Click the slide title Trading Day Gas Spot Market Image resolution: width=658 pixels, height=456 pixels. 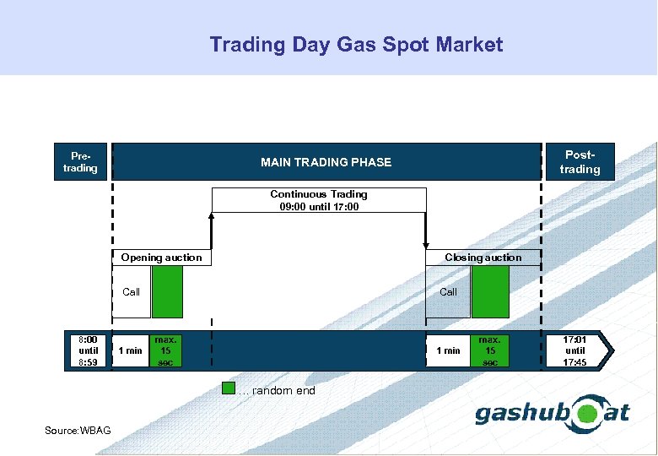pos(356,45)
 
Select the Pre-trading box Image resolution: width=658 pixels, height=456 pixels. pos(81,162)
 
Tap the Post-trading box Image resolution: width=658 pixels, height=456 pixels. pos(580,162)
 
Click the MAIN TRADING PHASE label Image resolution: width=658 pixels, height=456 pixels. pos(326,162)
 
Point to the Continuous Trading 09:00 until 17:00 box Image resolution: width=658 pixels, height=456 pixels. pos(319,200)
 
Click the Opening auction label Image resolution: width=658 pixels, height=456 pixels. pos(161,258)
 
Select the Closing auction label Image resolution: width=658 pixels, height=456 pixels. pos(483,258)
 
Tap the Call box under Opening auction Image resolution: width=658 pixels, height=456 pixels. pos(131,292)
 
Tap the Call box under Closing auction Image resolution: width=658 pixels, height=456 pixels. pos(448,292)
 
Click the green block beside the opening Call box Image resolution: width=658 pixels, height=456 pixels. pos(167,292)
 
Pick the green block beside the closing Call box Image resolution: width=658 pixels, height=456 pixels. pos(490,292)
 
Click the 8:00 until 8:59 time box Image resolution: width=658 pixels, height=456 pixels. pos(89,350)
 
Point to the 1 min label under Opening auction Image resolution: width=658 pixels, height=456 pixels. pos(130,350)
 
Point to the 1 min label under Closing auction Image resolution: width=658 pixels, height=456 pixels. pos(448,350)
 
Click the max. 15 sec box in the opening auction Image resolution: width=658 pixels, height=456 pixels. pos(165,350)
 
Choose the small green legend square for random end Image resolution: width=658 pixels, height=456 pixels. pos(228,390)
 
